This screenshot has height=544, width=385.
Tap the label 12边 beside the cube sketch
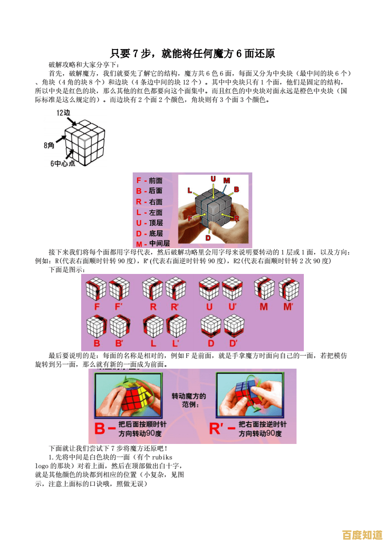[63, 113]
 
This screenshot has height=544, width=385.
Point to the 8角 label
[49, 145]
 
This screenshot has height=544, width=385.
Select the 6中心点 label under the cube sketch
[63, 164]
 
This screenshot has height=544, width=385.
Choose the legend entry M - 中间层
[153, 243]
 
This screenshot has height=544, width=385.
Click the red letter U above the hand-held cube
[213, 179]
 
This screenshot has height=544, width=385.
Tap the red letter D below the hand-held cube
[208, 238]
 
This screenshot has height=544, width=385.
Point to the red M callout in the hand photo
[227, 181]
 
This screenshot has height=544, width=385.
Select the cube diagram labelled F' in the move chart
[119, 289]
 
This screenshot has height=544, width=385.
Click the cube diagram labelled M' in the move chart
[288, 289]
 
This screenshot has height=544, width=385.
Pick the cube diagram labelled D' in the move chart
[234, 325]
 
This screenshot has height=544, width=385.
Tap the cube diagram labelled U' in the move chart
[232, 289]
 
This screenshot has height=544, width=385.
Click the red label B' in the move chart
[119, 343]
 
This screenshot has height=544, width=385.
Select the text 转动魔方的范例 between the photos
[189, 400]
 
